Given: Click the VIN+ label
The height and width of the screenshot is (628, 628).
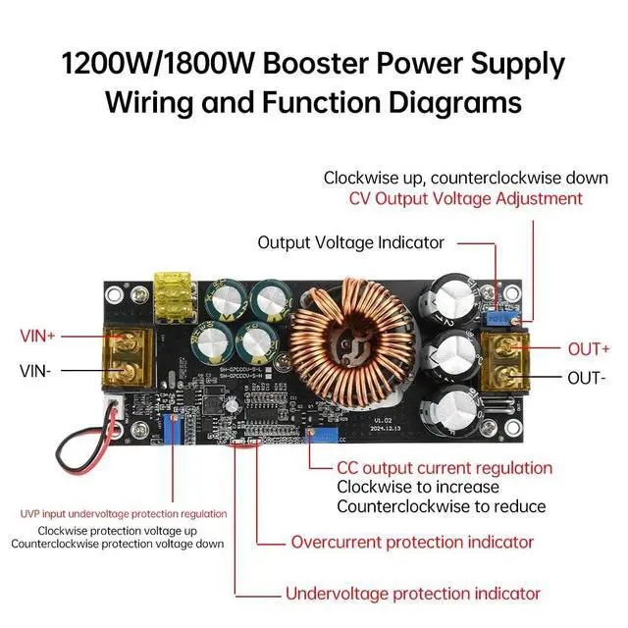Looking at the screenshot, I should pyautogui.click(x=38, y=336).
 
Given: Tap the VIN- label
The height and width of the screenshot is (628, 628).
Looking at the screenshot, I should pyautogui.click(x=37, y=371).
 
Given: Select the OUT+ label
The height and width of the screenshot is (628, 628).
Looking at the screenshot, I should pyautogui.click(x=589, y=348).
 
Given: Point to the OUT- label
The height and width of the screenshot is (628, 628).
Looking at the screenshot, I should pyautogui.click(x=587, y=378).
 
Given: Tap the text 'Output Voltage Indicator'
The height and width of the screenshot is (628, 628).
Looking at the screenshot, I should pyautogui.click(x=350, y=242).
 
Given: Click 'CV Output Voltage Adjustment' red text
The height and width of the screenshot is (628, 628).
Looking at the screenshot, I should pyautogui.click(x=466, y=198).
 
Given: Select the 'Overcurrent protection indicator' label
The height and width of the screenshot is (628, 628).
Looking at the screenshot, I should pyautogui.click(x=412, y=542).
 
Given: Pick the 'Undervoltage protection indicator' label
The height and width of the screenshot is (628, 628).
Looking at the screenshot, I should pyautogui.click(x=412, y=594).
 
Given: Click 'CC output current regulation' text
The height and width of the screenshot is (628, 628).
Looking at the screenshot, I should pyautogui.click(x=445, y=468).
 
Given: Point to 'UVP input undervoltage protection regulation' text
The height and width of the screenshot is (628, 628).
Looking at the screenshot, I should pyautogui.click(x=124, y=513).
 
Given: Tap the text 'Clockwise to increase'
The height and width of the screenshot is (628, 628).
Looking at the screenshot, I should pyautogui.click(x=418, y=487).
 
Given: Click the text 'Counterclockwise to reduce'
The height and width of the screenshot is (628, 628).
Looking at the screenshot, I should pyautogui.click(x=441, y=506).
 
